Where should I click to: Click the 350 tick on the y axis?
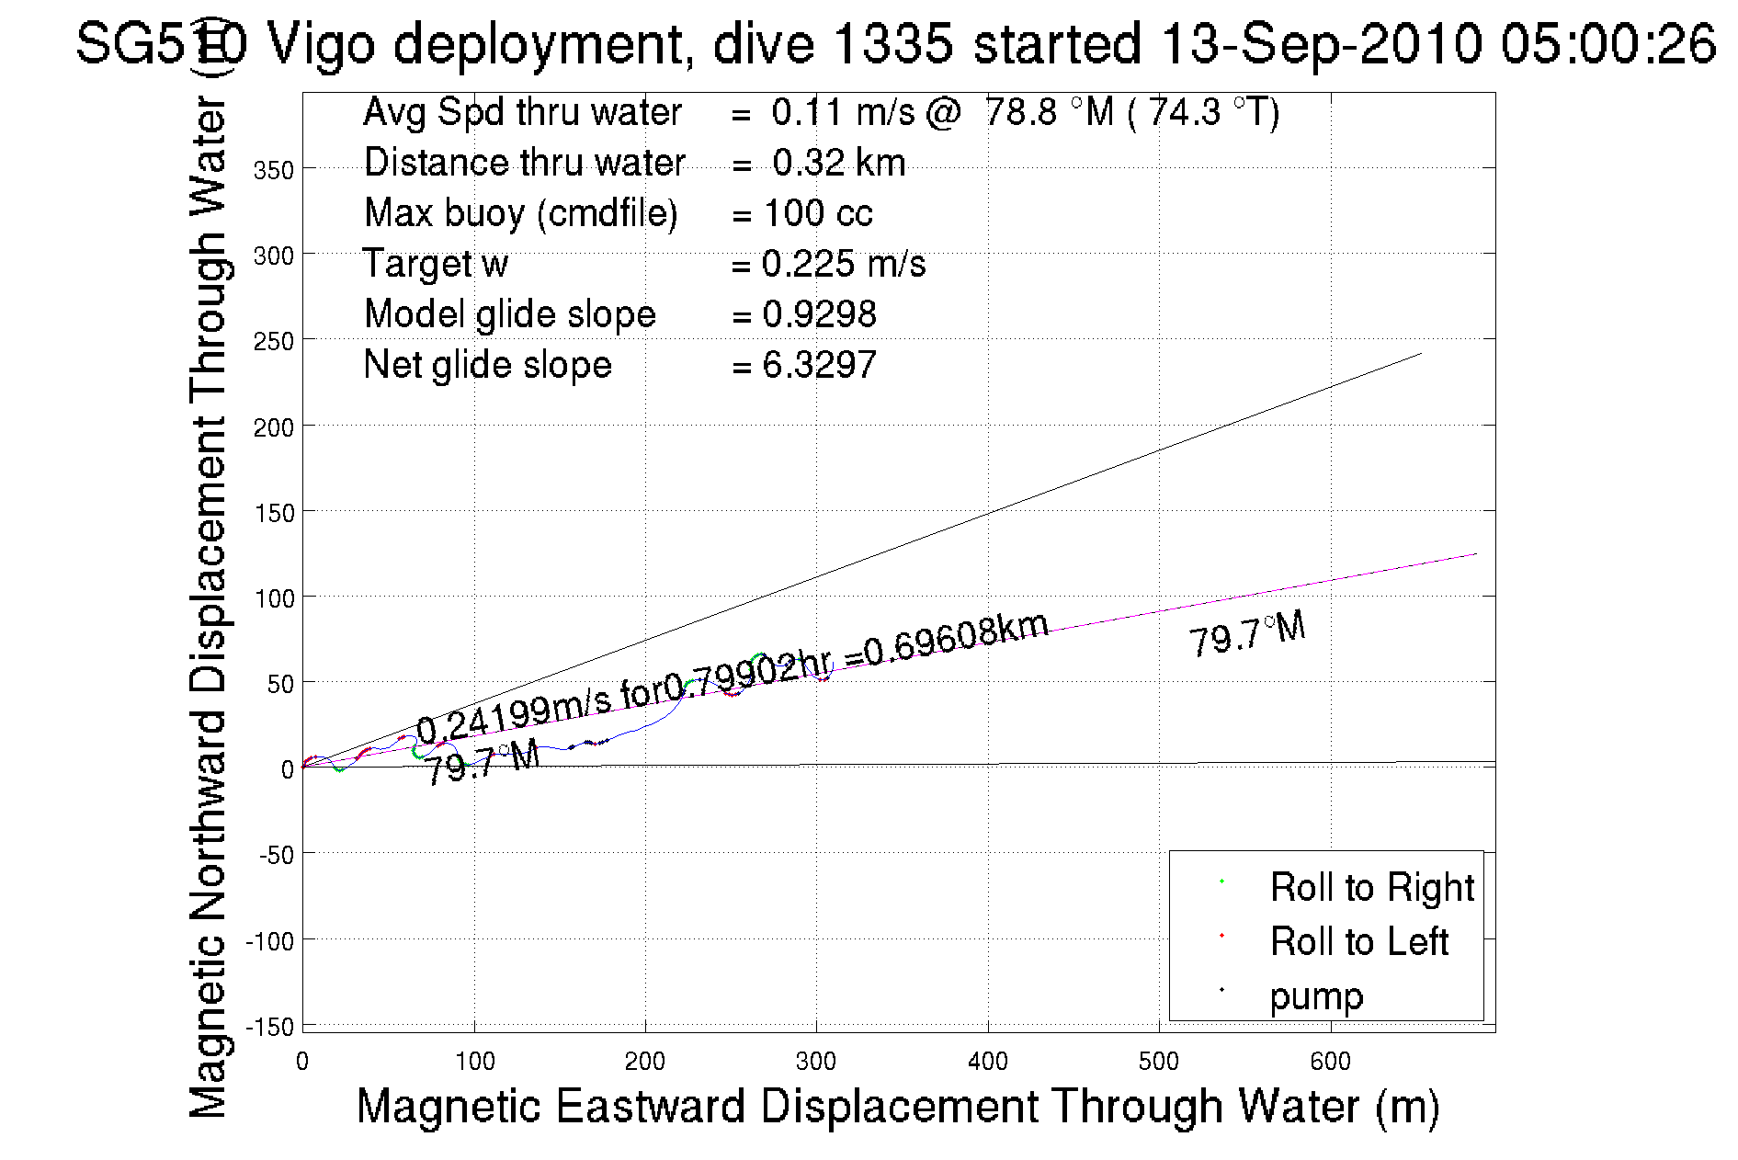pos(274,170)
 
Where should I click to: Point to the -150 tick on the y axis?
pos(270,1027)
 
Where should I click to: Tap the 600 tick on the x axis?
pos(1330,1062)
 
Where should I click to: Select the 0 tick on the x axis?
pos(302,1062)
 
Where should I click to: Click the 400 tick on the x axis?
pos(988,1062)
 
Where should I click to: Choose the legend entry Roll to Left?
pos(1358,941)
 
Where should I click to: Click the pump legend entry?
pos(1316,996)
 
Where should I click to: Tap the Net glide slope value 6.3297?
pos(819,365)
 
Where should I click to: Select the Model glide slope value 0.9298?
pos(819,314)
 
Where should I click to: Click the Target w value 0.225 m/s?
pos(843,264)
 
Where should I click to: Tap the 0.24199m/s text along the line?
pos(513,716)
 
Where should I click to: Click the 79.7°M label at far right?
pos(1247,634)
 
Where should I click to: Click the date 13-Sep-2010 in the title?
pos(1321,43)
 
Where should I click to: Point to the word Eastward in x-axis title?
pos(650,1106)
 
